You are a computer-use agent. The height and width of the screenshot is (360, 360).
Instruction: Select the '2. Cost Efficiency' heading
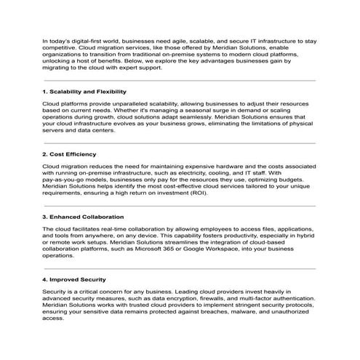70,155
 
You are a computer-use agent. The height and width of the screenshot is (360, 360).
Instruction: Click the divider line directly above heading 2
180,143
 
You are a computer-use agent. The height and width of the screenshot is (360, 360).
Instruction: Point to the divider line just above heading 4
180,268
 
